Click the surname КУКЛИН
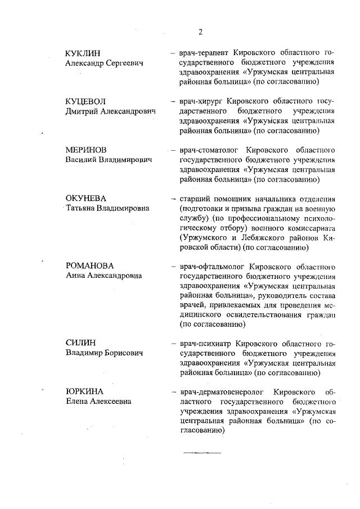pos(83,53)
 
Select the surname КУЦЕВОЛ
pos(85,102)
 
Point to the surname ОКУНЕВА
pos(86,199)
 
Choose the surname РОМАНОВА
pos(89,266)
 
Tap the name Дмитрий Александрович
pos(110,111)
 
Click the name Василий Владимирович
pos(109,160)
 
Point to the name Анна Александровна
pos(103,276)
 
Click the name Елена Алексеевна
pos(98,401)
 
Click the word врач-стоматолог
pos(207,151)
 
